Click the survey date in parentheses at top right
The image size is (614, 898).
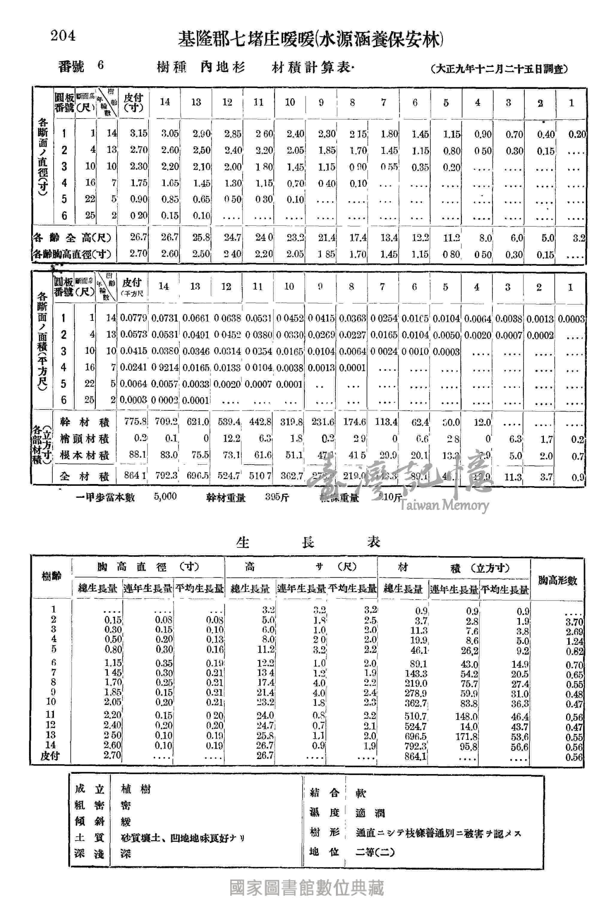tap(499, 69)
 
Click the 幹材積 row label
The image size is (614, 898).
tap(85, 422)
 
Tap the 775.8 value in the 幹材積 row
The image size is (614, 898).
tap(135, 422)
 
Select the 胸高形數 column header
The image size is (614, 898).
tap(557, 580)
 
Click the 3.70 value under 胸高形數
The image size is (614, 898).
tap(574, 622)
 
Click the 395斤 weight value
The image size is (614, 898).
tap(277, 497)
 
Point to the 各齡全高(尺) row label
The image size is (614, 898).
tap(72, 238)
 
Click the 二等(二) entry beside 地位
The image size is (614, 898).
tap(375, 852)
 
